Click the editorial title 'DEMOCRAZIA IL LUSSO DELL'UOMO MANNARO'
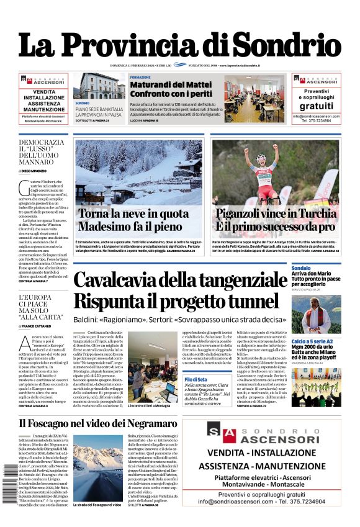[41, 152]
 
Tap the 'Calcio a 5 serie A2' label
[312, 341]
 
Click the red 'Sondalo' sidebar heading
[301, 268]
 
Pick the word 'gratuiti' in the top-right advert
[316, 106]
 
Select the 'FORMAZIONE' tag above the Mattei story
[140, 77]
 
